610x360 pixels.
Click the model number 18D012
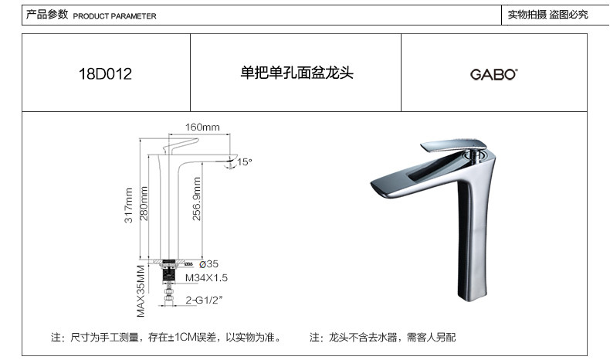coord(106,75)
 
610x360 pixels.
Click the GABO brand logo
coord(494,75)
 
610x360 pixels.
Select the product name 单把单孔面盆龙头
coord(297,74)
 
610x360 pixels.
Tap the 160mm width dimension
coord(202,127)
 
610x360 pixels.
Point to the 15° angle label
coord(245,162)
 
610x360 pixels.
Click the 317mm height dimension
coord(128,207)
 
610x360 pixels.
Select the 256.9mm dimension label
coord(196,202)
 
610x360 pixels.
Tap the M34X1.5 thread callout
coord(205,277)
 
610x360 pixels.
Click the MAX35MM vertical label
coord(141,292)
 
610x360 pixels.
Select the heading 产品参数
coord(47,15)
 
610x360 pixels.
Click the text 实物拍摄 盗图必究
coord(547,15)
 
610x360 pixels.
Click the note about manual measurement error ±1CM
coord(165,338)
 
